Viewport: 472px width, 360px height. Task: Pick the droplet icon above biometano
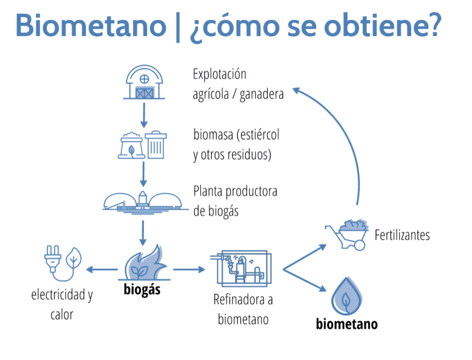[x=346, y=295]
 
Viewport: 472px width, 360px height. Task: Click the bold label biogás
[x=142, y=290]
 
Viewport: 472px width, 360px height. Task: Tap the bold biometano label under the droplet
[x=347, y=324]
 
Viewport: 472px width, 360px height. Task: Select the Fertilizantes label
[x=402, y=235]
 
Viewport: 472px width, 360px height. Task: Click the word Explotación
[x=219, y=75]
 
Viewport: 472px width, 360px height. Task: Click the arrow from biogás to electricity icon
[x=102, y=270]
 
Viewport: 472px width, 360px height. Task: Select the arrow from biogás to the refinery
[x=189, y=270]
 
